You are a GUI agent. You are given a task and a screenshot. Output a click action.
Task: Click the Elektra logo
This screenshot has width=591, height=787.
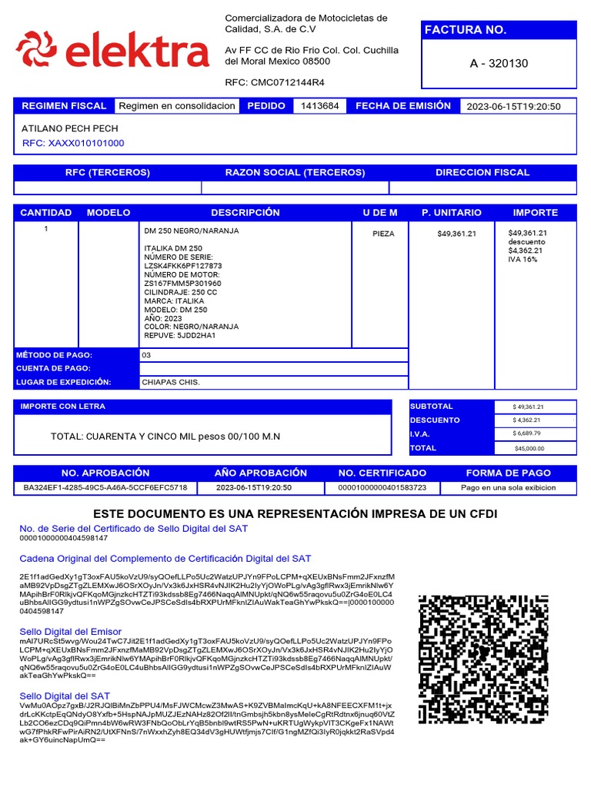(112, 50)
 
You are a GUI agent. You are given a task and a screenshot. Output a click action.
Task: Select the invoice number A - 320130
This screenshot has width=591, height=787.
(499, 63)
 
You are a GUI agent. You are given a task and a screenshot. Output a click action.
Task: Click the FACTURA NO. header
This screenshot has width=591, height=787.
(466, 30)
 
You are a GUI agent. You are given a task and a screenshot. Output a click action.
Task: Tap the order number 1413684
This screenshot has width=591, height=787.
(319, 106)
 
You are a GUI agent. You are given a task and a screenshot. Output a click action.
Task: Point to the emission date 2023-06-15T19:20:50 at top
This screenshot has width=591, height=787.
(513, 107)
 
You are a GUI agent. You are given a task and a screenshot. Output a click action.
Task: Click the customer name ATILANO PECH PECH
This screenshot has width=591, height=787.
(70, 129)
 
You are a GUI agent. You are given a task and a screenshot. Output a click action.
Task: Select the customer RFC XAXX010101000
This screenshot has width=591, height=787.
(73, 143)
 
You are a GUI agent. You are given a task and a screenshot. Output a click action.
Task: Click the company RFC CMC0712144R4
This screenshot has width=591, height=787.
(275, 82)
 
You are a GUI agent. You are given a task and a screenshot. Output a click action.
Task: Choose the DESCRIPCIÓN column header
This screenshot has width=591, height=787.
(245, 213)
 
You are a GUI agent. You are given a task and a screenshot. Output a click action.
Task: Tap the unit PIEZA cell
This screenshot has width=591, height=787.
(383, 234)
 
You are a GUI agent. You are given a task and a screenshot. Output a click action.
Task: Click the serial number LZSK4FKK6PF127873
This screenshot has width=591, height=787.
(182, 266)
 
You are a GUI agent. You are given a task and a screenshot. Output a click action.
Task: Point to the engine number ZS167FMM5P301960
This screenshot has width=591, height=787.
(182, 284)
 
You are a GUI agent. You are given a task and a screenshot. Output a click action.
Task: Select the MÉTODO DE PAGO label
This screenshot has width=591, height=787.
(55, 355)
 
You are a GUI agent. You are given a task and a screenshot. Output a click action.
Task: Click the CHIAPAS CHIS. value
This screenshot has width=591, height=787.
(171, 382)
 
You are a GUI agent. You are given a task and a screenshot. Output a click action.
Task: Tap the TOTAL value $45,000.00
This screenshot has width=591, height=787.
(529, 448)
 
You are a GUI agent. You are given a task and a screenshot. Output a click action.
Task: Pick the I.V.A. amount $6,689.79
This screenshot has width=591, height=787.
(529, 434)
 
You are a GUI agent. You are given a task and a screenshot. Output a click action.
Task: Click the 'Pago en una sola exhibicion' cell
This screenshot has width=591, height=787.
(508, 488)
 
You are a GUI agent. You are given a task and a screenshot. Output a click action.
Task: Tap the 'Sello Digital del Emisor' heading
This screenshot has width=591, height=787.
(70, 631)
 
